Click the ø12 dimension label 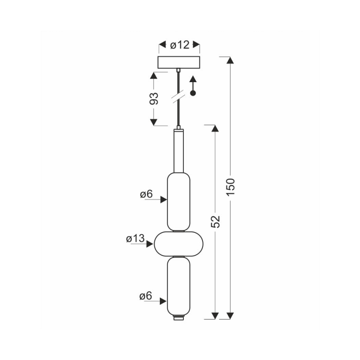point(180,45)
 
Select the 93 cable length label point(154,98)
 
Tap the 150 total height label point(230,187)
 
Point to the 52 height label point(215,221)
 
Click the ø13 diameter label point(135,238)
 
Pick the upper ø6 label point(146,194)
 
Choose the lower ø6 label point(146,296)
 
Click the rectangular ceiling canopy point(178,62)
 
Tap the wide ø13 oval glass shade point(178,244)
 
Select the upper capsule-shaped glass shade point(178,202)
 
